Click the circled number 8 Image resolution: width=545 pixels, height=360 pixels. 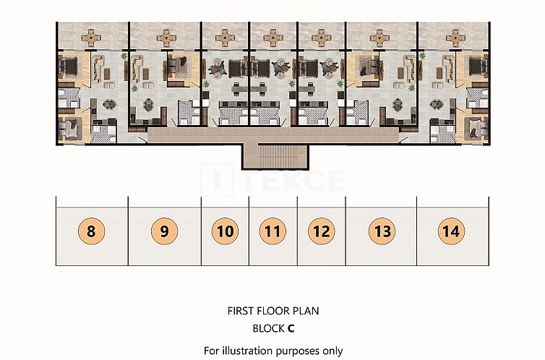(x=91, y=231)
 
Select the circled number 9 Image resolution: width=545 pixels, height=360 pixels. (x=164, y=231)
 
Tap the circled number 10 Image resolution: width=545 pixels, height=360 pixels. (x=226, y=231)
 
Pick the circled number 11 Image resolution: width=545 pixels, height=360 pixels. (x=272, y=231)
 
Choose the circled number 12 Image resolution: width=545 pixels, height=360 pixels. (x=322, y=231)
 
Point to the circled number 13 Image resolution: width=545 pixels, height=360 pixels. (x=382, y=231)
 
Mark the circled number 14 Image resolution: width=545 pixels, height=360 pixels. (x=451, y=231)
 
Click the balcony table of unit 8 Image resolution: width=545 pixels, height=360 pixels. (x=91, y=38)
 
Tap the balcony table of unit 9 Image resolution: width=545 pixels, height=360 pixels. (x=166, y=38)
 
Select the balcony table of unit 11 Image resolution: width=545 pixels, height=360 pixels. (x=272, y=38)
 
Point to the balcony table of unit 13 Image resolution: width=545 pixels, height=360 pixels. (x=379, y=38)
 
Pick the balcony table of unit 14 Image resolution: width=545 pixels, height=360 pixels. (x=455, y=38)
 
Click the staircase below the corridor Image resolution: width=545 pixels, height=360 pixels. (x=275, y=156)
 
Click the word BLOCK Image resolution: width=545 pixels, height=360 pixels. (x=268, y=328)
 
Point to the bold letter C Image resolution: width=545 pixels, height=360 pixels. (x=291, y=328)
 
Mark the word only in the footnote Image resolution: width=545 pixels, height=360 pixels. (x=332, y=351)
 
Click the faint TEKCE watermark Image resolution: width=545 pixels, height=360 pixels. (x=272, y=181)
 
